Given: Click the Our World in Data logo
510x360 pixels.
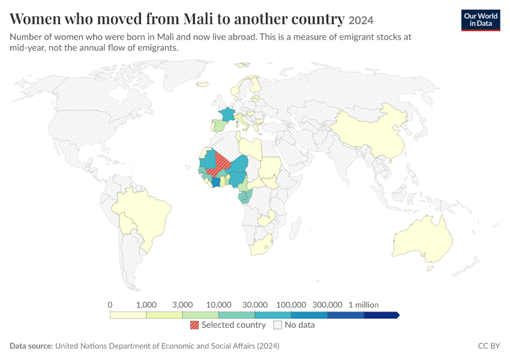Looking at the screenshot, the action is pos(481,20).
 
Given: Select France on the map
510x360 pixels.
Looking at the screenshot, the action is pos(227,115).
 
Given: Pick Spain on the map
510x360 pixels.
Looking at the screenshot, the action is pos(220,125).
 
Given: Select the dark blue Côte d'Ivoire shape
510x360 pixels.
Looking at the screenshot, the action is pos(215,182).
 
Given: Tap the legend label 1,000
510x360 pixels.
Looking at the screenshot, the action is pos(146,305).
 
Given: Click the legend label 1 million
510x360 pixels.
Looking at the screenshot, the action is pos(364,305).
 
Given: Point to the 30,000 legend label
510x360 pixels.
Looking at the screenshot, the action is pos(254,305).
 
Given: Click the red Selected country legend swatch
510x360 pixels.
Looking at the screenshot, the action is pos(194,325).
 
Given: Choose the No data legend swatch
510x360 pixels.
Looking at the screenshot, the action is pos(277,325).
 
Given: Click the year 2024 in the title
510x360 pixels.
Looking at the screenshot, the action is pos(361,20).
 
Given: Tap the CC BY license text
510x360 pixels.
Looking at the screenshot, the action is pos(488,346).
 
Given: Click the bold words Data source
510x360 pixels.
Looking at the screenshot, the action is pos(31,346).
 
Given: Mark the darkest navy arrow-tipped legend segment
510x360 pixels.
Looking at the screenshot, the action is pos(382,315).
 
